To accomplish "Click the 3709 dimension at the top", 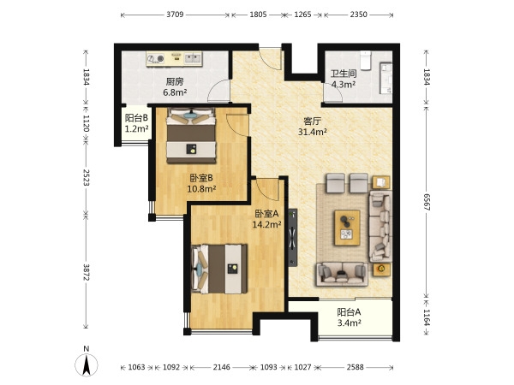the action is click(x=175, y=15).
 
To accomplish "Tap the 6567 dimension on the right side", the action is click(x=427, y=202).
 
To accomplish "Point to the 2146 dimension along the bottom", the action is click(x=222, y=367).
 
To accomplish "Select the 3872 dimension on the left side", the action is click(x=87, y=272).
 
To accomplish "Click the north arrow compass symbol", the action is click(x=87, y=362).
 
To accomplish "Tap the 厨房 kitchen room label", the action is click(x=175, y=81).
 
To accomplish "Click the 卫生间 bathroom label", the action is click(x=344, y=74).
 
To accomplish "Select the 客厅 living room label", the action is click(x=312, y=121).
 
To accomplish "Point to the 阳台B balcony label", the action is click(x=137, y=117).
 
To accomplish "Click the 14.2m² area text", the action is click(x=266, y=224).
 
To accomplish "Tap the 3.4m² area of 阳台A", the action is click(x=350, y=323).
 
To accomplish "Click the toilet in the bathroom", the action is click(x=366, y=60).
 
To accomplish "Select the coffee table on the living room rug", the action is click(x=347, y=228).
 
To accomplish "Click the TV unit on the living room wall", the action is click(x=293, y=238).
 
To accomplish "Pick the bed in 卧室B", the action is click(x=191, y=135).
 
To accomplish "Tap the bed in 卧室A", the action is click(x=219, y=269).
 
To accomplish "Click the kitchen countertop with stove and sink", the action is click(x=174, y=59).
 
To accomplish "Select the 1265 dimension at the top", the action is click(x=302, y=15).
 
